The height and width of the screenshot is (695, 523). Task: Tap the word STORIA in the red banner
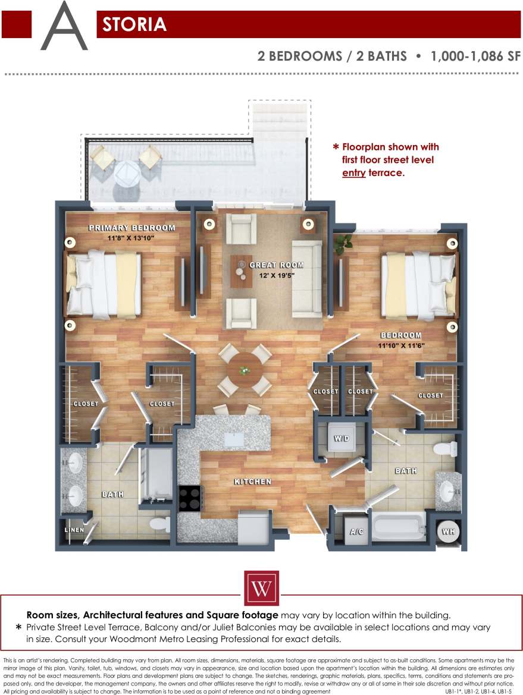pos(134,24)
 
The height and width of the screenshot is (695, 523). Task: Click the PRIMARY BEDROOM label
pos(132,228)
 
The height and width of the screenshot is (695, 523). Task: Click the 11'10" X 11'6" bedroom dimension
pos(401,345)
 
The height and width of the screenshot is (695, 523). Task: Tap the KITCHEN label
pos(252,482)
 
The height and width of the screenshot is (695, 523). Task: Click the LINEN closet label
pos(74,530)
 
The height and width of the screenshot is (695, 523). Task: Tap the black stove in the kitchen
pos(190,499)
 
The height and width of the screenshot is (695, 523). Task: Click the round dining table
pos(245,370)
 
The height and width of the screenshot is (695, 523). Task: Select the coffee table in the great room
pos(242,271)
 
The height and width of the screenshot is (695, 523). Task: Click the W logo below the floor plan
pos(261,588)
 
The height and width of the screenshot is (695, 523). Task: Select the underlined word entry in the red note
pos(353,173)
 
